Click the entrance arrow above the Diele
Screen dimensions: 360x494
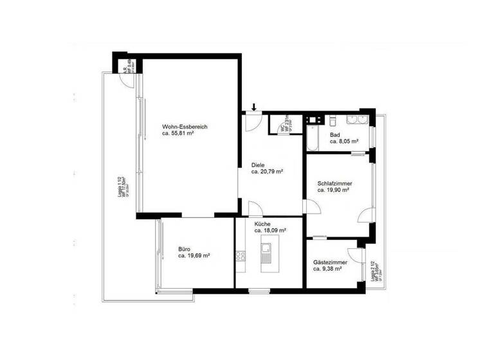[254, 107]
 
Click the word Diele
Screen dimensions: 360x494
[258, 165]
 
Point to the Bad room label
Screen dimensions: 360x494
[334, 134]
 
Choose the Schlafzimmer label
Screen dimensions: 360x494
[334, 183]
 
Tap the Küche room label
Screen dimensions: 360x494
[263, 223]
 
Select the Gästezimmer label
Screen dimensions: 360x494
[330, 262]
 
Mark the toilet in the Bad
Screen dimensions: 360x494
[333, 121]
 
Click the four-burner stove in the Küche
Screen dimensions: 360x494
[241, 255]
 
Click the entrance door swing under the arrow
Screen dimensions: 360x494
[254, 122]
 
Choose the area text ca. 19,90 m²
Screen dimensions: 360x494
[333, 190]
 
